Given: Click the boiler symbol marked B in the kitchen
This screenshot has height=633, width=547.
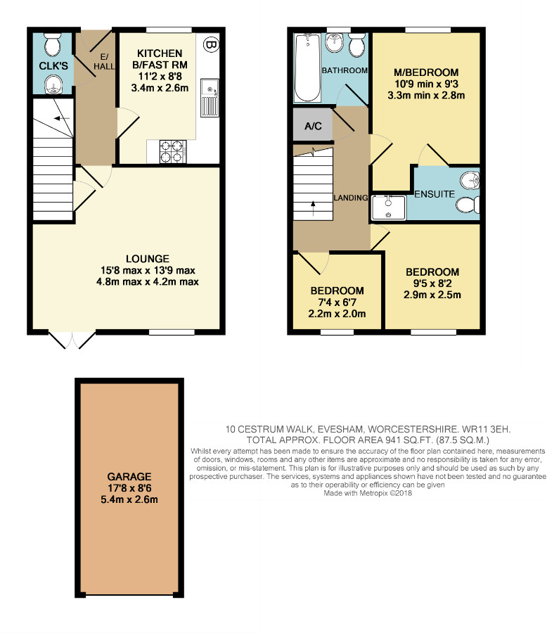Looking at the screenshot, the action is point(210,44).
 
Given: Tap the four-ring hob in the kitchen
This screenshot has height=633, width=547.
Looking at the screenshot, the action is point(173,151).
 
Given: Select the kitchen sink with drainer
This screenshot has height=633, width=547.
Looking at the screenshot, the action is point(210,98).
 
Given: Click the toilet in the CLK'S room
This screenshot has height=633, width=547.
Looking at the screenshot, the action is point(53,45).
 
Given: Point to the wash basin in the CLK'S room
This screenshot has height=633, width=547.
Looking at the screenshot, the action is point(53,84).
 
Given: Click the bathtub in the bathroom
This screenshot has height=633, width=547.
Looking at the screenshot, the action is point(308,68).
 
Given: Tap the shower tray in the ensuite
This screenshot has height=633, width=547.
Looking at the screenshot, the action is point(388,207).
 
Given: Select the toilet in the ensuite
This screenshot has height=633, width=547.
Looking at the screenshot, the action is point(468,205).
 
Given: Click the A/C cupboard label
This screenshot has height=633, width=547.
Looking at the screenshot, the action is point(313,127).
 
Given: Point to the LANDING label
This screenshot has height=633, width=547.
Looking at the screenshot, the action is point(350,198).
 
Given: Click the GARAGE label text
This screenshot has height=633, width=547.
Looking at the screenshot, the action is point(129,476).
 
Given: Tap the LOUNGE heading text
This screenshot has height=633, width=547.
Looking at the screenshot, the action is point(148,259).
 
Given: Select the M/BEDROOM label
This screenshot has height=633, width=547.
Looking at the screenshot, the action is point(426,72).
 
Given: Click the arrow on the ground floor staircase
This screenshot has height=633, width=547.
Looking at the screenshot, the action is point(61,119).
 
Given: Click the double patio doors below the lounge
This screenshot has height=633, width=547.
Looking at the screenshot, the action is point(72,340).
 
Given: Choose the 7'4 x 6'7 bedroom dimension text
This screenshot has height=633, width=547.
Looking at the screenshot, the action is point(337,302).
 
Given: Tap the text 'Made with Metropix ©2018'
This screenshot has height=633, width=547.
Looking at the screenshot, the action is point(368,493).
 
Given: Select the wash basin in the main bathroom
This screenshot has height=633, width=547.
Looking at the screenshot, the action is point(334,43).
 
